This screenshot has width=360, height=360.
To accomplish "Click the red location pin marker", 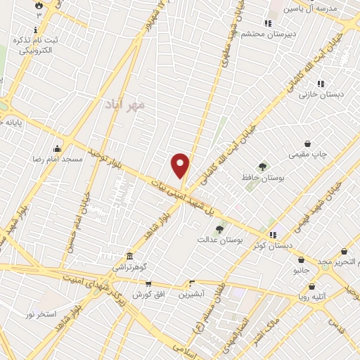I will pyautogui.click(x=181, y=166).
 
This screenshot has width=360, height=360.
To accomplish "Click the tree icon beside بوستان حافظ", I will pyautogui.click(x=262, y=167).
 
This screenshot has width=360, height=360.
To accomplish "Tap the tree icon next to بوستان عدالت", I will pyautogui.click(x=219, y=229).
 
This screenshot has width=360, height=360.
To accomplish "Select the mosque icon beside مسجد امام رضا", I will pyautogui.click(x=57, y=148).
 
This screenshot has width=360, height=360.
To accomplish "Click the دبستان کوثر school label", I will pyautogui.click(x=273, y=246).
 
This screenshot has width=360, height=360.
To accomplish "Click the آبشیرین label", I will pyautogui.click(x=191, y=295).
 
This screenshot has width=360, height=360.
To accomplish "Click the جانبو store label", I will pyautogui.click(x=301, y=269).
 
